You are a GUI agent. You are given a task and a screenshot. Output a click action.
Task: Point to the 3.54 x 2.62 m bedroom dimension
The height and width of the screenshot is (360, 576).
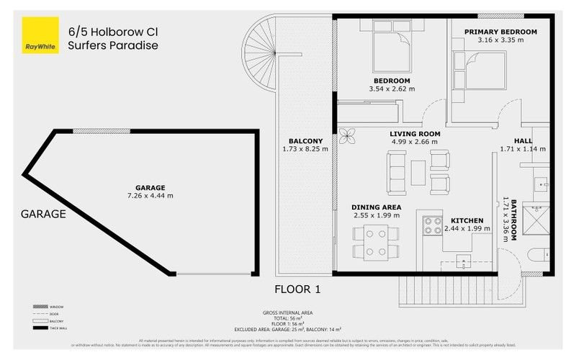(392, 90)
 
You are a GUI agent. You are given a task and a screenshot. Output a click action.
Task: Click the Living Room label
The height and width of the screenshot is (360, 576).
(415, 134)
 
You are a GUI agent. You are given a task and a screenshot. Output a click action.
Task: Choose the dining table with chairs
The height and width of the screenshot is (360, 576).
(376, 242)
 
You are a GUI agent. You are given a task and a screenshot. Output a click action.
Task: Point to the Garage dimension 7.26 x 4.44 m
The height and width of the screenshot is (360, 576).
(150, 195)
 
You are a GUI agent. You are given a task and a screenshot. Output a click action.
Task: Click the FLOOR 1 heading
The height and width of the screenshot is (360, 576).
(297, 289)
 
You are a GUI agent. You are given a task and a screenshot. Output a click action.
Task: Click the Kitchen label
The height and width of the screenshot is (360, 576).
(467, 220)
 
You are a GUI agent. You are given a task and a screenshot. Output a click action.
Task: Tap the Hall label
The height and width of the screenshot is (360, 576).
(523, 140)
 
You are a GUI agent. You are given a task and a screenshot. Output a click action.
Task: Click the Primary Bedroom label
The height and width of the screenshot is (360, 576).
(500, 32)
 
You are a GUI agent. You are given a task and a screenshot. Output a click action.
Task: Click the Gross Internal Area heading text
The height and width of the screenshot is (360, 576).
(287, 313)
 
